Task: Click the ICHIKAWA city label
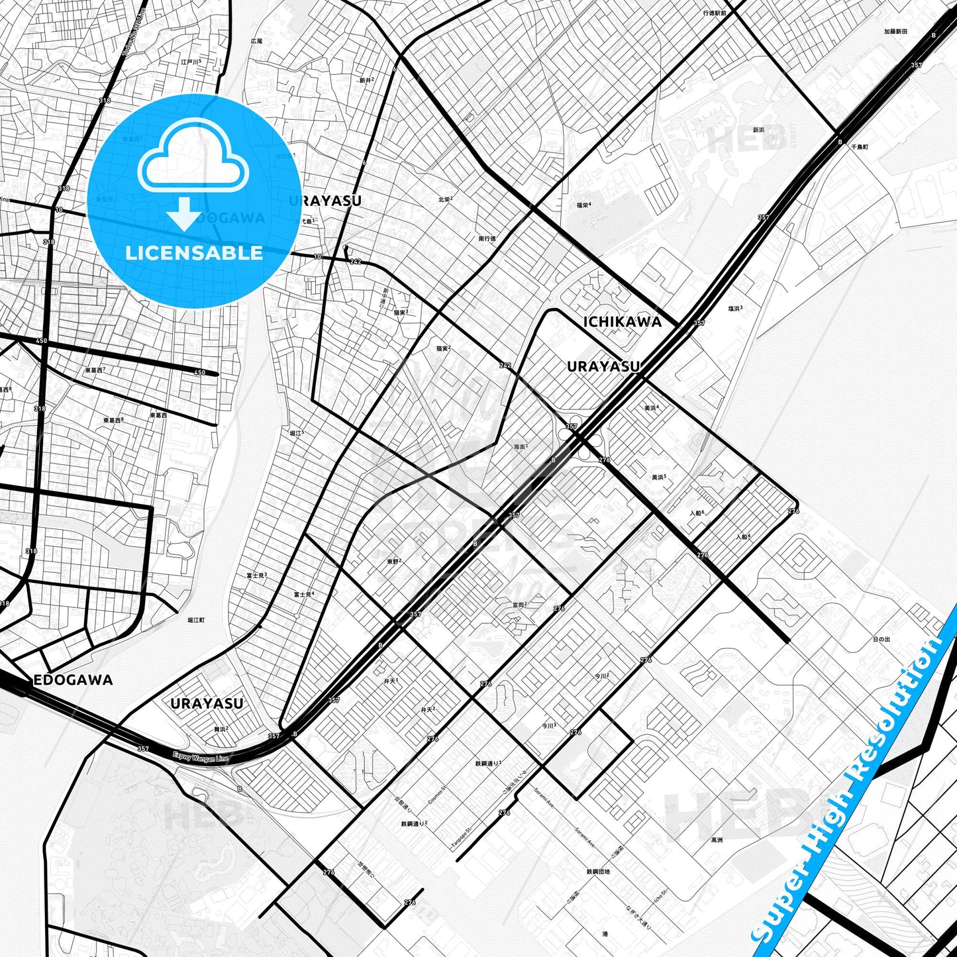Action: coord(622,322)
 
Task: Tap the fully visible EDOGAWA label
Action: coord(73,680)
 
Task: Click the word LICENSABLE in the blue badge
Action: coord(194,253)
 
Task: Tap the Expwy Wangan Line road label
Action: coord(200,756)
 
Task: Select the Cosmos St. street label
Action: coord(437,795)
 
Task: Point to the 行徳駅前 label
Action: coord(715,13)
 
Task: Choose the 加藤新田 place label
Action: coord(895,31)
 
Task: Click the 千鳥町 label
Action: coord(860,146)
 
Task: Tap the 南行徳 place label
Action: coord(487,238)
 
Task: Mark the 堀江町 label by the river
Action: coord(195,620)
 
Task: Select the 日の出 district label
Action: coord(881,639)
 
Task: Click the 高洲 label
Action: coord(717,840)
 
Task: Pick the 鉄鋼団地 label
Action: coord(598,872)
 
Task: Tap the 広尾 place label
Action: coord(256,41)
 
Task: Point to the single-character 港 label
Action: coord(605,934)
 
